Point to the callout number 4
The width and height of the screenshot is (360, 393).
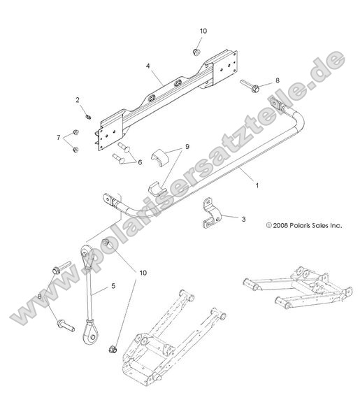pos(148,67)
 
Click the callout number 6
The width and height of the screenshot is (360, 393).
pos(139,162)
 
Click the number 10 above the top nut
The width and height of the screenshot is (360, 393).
pos(203,31)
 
